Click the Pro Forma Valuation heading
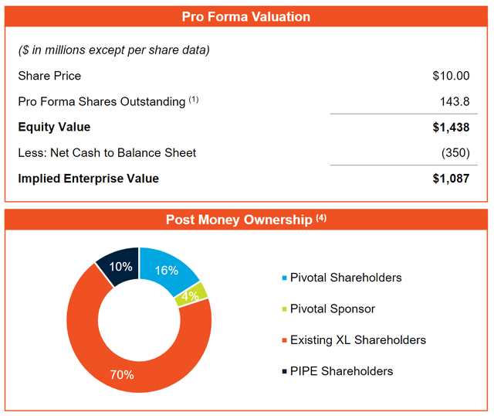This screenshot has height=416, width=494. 245,17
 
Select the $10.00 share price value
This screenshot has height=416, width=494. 451,76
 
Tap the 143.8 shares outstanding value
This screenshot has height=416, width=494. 456,101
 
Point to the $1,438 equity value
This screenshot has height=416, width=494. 451,128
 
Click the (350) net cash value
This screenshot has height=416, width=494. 455,153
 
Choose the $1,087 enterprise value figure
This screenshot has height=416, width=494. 451,179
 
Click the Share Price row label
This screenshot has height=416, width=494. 49,76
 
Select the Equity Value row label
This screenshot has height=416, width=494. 54,128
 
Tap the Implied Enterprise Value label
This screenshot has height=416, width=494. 88,179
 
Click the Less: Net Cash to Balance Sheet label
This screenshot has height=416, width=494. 107,153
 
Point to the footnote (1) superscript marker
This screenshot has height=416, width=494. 193,99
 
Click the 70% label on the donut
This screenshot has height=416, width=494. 121,375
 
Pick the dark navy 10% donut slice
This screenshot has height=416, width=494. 119,267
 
